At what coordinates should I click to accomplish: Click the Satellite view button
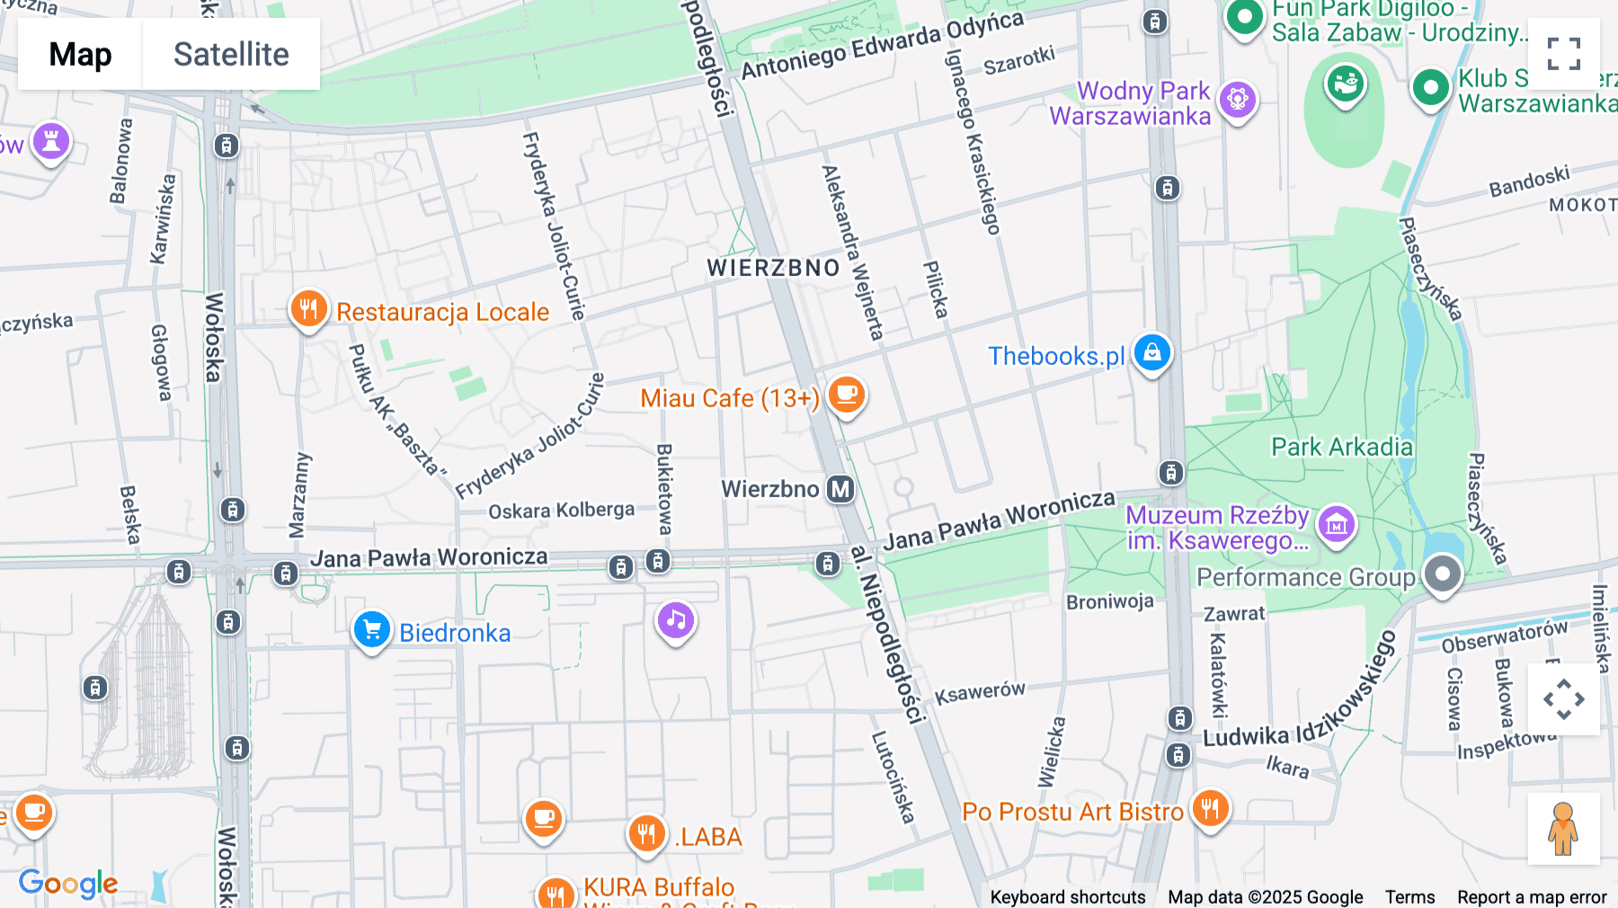click(x=231, y=54)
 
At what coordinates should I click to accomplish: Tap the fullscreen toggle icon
click(x=1563, y=54)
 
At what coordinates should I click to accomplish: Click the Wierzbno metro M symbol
click(x=840, y=489)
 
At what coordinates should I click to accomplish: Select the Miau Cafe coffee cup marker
click(x=846, y=395)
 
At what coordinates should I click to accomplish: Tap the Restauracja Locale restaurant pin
click(x=308, y=308)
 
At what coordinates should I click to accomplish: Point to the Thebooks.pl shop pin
click(x=1151, y=352)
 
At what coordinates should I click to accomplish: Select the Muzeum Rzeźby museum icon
click(x=1336, y=522)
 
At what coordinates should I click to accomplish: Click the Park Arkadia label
click(x=1341, y=447)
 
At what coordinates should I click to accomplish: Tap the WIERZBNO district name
click(x=773, y=268)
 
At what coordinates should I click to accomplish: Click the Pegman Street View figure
click(x=1563, y=828)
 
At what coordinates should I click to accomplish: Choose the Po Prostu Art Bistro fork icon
click(x=1210, y=808)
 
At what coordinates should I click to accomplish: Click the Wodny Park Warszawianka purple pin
click(x=1238, y=99)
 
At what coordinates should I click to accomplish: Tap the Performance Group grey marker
click(x=1443, y=574)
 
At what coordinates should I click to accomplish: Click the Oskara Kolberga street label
click(x=561, y=511)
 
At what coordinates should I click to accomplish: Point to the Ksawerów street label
click(x=980, y=693)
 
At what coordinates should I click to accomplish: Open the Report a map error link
click(x=1532, y=897)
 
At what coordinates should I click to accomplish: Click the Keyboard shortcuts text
click(x=1067, y=897)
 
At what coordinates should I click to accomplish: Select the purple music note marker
click(x=676, y=619)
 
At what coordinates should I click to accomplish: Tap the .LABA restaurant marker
click(x=646, y=833)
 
